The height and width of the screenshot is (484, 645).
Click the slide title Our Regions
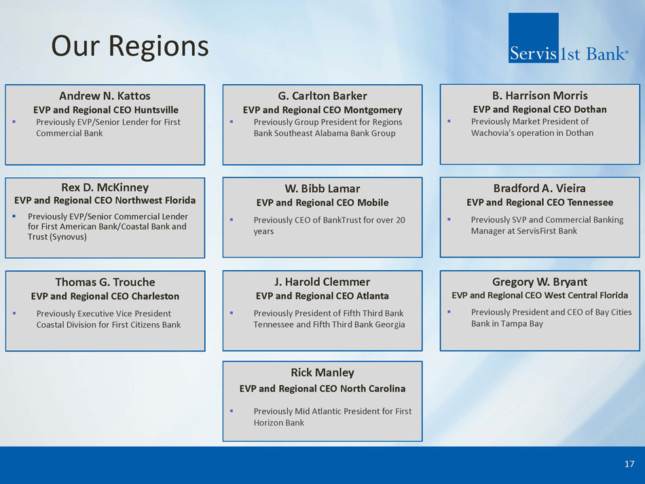[130, 46]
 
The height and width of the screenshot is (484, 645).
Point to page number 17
[629, 464]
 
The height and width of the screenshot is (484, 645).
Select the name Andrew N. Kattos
[105, 96]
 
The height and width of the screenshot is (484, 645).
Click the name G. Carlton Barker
[322, 96]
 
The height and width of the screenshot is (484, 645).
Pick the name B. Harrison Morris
[540, 96]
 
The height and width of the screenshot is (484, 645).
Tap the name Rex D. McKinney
[105, 187]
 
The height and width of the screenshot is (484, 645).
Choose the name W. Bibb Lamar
[322, 188]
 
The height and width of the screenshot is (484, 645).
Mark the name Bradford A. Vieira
[540, 188]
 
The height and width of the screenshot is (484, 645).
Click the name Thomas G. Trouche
[105, 282]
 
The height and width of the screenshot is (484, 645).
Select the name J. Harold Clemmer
[322, 282]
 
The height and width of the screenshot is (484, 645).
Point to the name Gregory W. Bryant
[540, 282]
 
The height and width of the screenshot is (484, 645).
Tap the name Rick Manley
[322, 373]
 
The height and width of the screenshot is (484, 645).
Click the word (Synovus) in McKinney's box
[57, 237]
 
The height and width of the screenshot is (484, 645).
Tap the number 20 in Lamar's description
[401, 220]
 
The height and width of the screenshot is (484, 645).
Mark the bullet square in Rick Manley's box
[232, 411]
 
